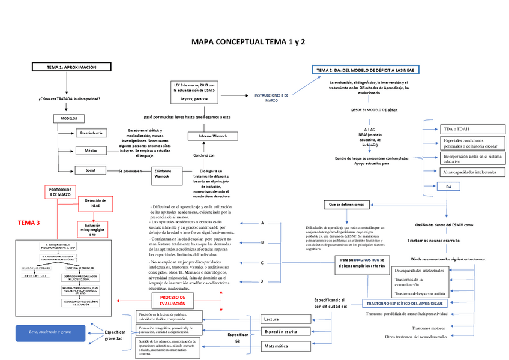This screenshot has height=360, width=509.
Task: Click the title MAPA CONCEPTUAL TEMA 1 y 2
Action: click(x=248, y=43)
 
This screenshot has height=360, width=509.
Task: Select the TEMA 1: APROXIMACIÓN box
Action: click(x=71, y=67)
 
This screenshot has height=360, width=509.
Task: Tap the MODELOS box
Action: click(x=69, y=119)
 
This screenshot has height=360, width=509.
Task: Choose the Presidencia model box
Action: click(x=91, y=133)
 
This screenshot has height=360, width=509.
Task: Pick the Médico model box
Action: click(x=91, y=151)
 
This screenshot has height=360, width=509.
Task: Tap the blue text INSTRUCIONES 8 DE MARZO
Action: click(x=271, y=97)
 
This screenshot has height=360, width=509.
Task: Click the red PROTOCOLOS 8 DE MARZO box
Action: click(x=61, y=192)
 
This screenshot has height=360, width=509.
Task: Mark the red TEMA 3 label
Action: click(x=28, y=223)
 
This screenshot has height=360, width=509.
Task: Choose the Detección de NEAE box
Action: click(x=95, y=204)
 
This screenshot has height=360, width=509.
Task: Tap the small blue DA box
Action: click(x=448, y=187)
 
